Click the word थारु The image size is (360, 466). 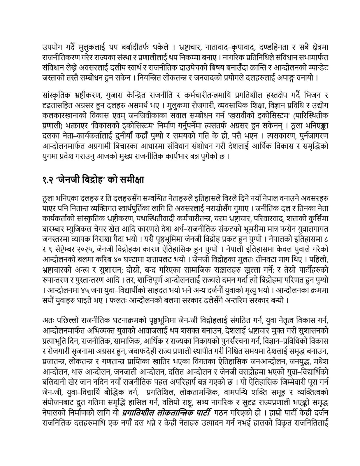(77, 371)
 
